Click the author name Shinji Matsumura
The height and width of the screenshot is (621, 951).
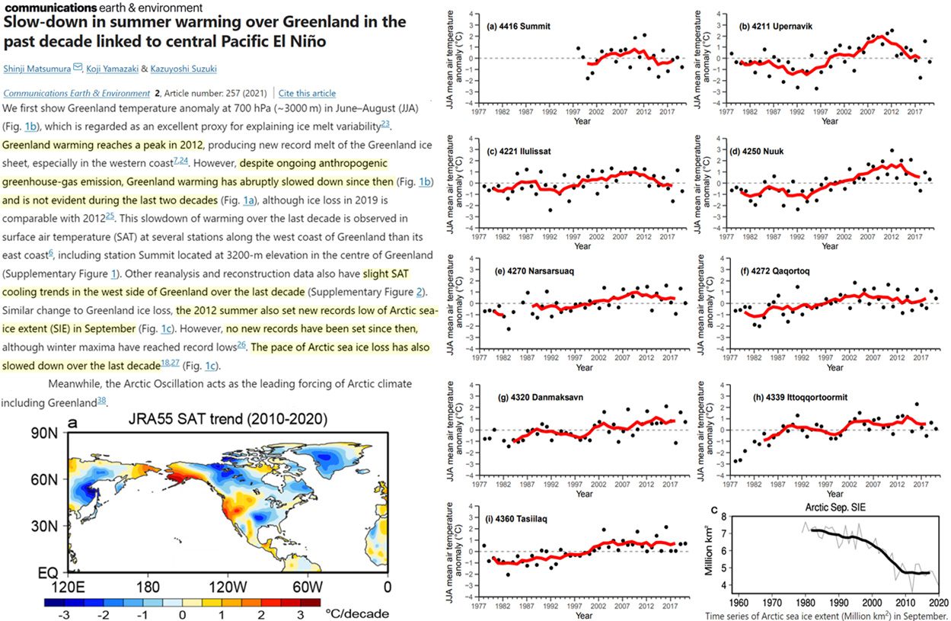(36, 69)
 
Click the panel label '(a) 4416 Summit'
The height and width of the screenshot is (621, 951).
(518, 27)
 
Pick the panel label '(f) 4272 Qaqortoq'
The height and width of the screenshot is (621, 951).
(772, 270)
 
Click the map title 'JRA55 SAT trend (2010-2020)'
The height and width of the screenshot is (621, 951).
(228, 419)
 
